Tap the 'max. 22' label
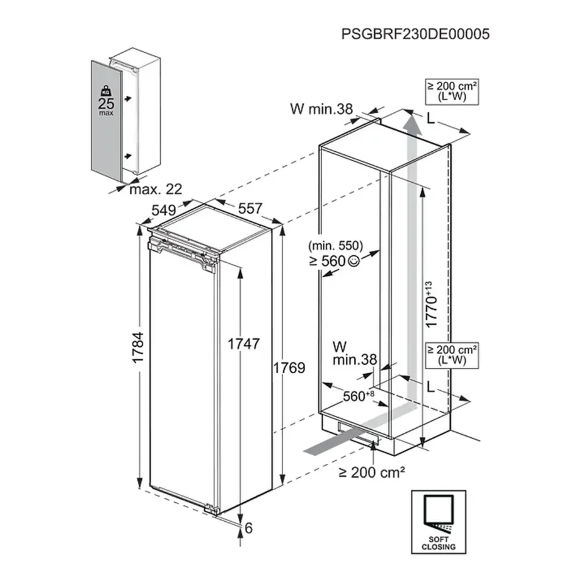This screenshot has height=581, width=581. (x=155, y=189)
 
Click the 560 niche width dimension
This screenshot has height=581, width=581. (x=358, y=396)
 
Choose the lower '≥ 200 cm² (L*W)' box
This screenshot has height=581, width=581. (x=452, y=355)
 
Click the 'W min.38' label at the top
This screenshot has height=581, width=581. (x=321, y=108)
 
